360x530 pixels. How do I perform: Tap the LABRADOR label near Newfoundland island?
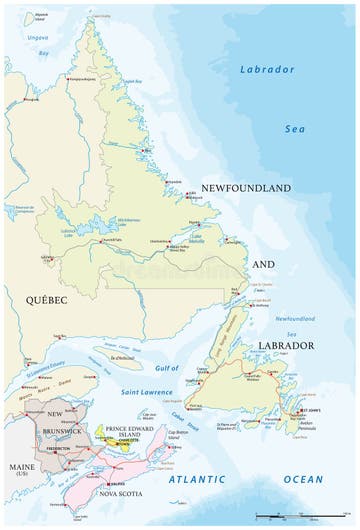pos(287,346)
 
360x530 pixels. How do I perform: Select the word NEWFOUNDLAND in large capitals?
pos(245,188)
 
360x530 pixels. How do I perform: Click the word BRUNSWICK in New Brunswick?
pos(63,431)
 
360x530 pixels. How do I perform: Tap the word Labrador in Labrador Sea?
pos(267,69)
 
